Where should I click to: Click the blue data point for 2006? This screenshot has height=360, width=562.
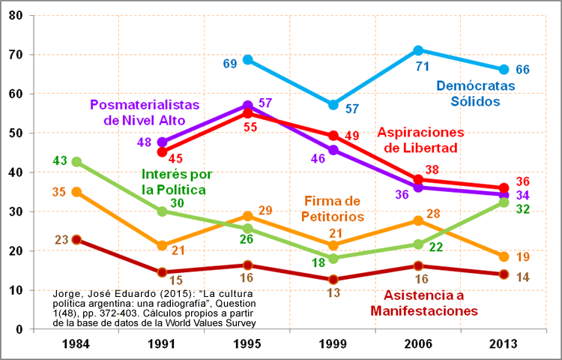[x=418, y=50]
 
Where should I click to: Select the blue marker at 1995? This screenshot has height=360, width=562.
[x=247, y=59]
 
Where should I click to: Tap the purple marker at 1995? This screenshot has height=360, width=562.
[x=247, y=105]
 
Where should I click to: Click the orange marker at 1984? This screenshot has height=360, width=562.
[x=76, y=192]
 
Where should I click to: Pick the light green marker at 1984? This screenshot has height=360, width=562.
[x=76, y=161]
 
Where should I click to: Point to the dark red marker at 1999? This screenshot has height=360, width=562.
[x=333, y=280]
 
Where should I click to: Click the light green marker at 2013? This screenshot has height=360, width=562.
[x=504, y=202]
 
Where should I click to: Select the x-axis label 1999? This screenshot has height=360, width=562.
[x=333, y=344]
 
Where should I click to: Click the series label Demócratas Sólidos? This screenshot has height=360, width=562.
[x=476, y=94]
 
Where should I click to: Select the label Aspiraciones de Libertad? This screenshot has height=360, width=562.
[x=442, y=139]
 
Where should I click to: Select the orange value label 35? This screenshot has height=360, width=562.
[x=60, y=191]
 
